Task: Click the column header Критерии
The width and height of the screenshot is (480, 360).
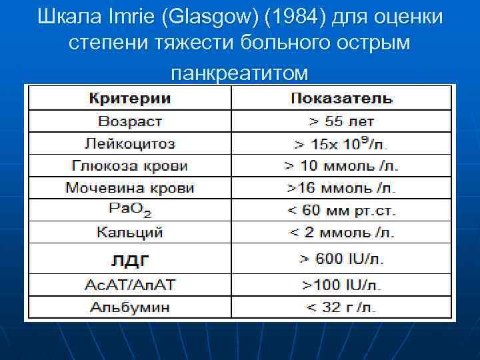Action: coord(130,99)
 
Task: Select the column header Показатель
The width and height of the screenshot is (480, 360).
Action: coord(341,99)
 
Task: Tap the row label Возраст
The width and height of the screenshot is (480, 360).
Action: coord(130,121)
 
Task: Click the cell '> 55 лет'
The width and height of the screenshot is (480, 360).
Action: coord(341,121)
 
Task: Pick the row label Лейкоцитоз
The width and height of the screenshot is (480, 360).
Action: coord(130,143)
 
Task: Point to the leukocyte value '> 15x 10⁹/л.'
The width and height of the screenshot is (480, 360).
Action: coord(341,143)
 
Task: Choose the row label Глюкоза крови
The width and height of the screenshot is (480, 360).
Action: coord(130,166)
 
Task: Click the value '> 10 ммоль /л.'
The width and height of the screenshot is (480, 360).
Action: coord(341,166)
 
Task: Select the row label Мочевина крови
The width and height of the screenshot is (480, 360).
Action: coord(130,188)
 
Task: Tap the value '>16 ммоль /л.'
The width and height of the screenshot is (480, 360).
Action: coord(341,188)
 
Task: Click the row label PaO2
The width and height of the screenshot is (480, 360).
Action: coord(130,210)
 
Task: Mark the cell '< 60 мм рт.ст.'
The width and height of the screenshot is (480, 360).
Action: coord(341,211)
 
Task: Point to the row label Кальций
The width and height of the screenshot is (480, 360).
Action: coord(130,233)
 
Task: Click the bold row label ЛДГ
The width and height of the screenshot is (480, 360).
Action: coord(130,258)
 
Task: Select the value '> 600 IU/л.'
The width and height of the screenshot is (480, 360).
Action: coord(341,258)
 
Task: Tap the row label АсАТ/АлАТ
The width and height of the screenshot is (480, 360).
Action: coord(130,285)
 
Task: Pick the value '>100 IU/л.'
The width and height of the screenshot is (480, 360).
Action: coord(341,285)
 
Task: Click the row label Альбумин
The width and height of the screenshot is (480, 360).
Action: coord(130,307)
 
